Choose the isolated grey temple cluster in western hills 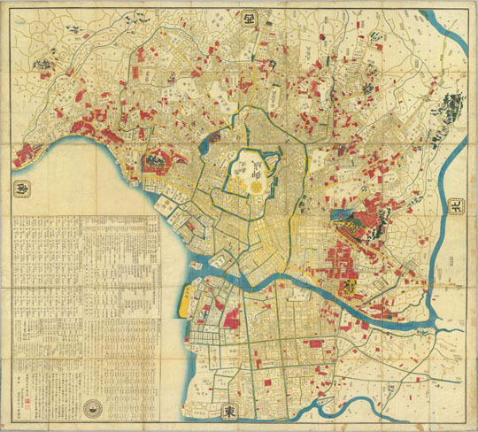coord(42,63)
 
